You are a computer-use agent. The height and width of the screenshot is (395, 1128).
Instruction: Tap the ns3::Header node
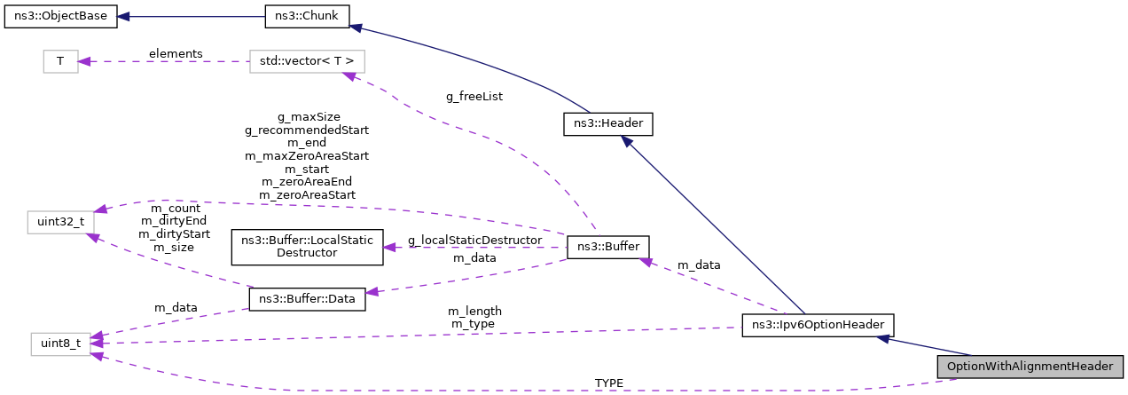coord(608,125)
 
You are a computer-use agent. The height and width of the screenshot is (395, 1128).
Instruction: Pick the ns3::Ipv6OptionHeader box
coord(818,325)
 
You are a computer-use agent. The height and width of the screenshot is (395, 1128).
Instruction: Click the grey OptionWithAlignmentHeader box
coord(1030,366)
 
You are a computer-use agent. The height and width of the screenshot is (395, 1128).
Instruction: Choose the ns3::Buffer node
coord(608,247)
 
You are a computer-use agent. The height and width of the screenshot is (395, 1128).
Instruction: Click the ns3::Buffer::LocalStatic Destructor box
coord(307,247)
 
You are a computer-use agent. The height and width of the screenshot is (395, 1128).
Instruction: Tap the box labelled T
coord(60,61)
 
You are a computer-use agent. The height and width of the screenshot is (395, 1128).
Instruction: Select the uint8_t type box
coord(60,343)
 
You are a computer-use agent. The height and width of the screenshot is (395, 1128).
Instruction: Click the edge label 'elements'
coord(176,53)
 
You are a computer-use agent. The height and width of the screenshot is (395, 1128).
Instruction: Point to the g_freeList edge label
coord(474,96)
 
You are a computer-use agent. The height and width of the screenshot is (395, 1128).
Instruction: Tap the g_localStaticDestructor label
coord(474,241)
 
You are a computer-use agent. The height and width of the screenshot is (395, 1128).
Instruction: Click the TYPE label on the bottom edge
coord(609,383)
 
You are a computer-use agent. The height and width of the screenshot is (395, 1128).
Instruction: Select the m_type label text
coord(474,324)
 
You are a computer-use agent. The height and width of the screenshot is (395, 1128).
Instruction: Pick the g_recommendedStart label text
coord(307,130)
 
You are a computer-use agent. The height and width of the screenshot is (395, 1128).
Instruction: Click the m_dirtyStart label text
coord(175,234)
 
